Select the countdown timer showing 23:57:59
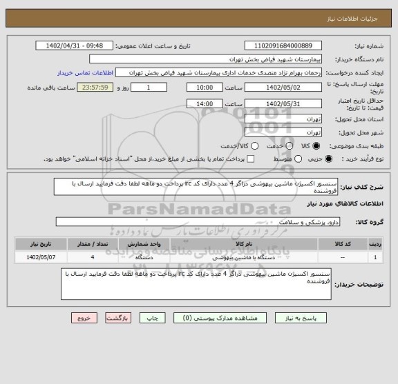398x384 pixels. click(111, 88)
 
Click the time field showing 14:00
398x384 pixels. click(204, 103)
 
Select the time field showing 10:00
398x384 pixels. click(204, 88)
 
